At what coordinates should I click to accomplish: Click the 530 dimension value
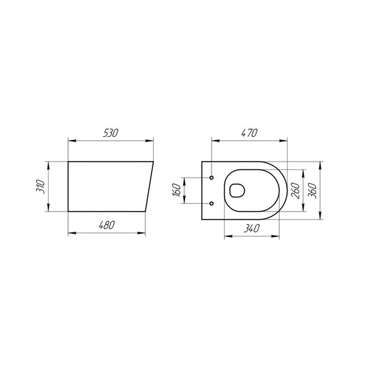tap(110, 132)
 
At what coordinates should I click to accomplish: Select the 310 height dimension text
tap(40, 186)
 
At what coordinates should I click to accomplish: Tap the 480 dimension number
tap(106, 225)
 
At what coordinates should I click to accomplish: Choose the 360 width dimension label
tap(314, 190)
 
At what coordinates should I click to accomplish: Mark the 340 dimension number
tap(252, 228)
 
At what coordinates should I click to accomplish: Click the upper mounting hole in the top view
tap(213, 177)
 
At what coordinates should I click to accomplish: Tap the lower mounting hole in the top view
tap(213, 203)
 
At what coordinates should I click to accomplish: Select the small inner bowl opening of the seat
tap(237, 190)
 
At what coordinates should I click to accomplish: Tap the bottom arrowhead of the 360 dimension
tap(321, 218)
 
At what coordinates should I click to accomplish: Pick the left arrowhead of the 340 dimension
tap(227, 235)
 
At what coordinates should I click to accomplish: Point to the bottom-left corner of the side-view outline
tap(68, 212)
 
